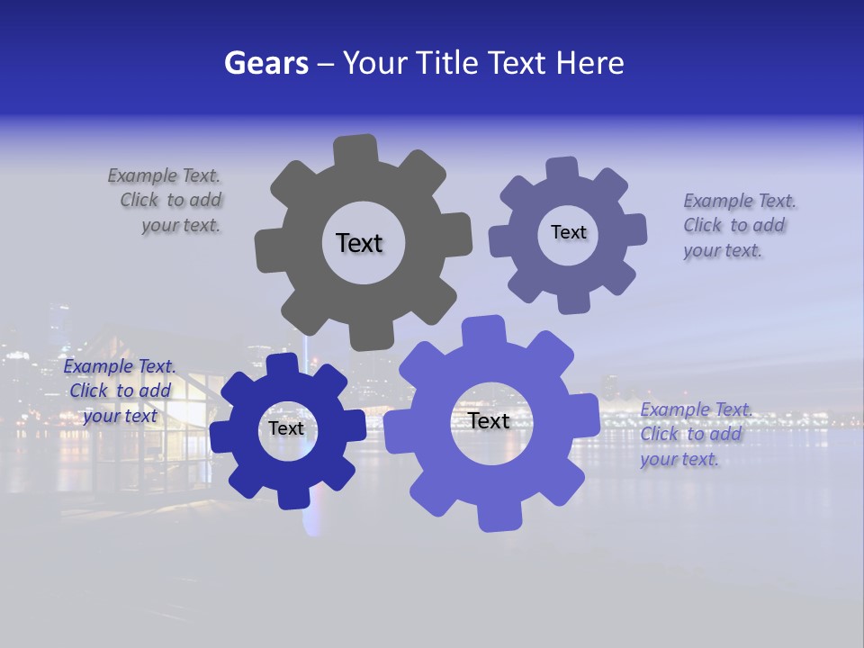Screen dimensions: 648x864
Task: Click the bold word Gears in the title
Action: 265,63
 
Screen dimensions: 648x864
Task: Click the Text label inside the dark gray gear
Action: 359,243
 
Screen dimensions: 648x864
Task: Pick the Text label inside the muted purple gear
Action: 568,232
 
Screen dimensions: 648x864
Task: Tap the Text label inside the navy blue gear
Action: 286,428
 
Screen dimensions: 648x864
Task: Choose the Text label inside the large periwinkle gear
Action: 488,420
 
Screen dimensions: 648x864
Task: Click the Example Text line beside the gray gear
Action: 164,175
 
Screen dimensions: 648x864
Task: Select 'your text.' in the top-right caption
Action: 722,251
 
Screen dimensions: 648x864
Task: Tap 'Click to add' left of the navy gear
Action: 120,391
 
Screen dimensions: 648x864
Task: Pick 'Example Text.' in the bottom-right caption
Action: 696,410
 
